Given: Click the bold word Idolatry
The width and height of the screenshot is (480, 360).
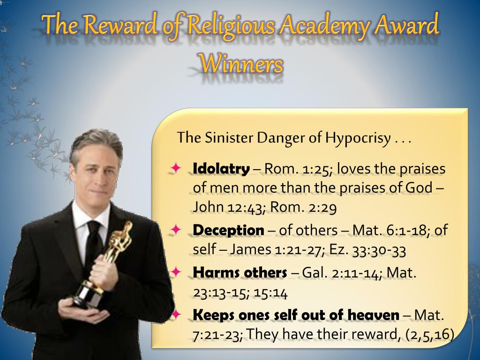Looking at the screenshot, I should [221, 169].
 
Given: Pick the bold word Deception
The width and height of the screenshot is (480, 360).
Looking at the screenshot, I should [228, 230].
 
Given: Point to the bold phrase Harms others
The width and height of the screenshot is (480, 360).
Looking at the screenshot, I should [240, 272].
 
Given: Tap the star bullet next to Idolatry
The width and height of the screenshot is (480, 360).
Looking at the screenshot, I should [176, 168].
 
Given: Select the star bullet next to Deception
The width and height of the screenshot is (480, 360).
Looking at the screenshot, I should [176, 230].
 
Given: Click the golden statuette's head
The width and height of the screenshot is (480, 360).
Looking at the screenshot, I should [127, 226].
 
